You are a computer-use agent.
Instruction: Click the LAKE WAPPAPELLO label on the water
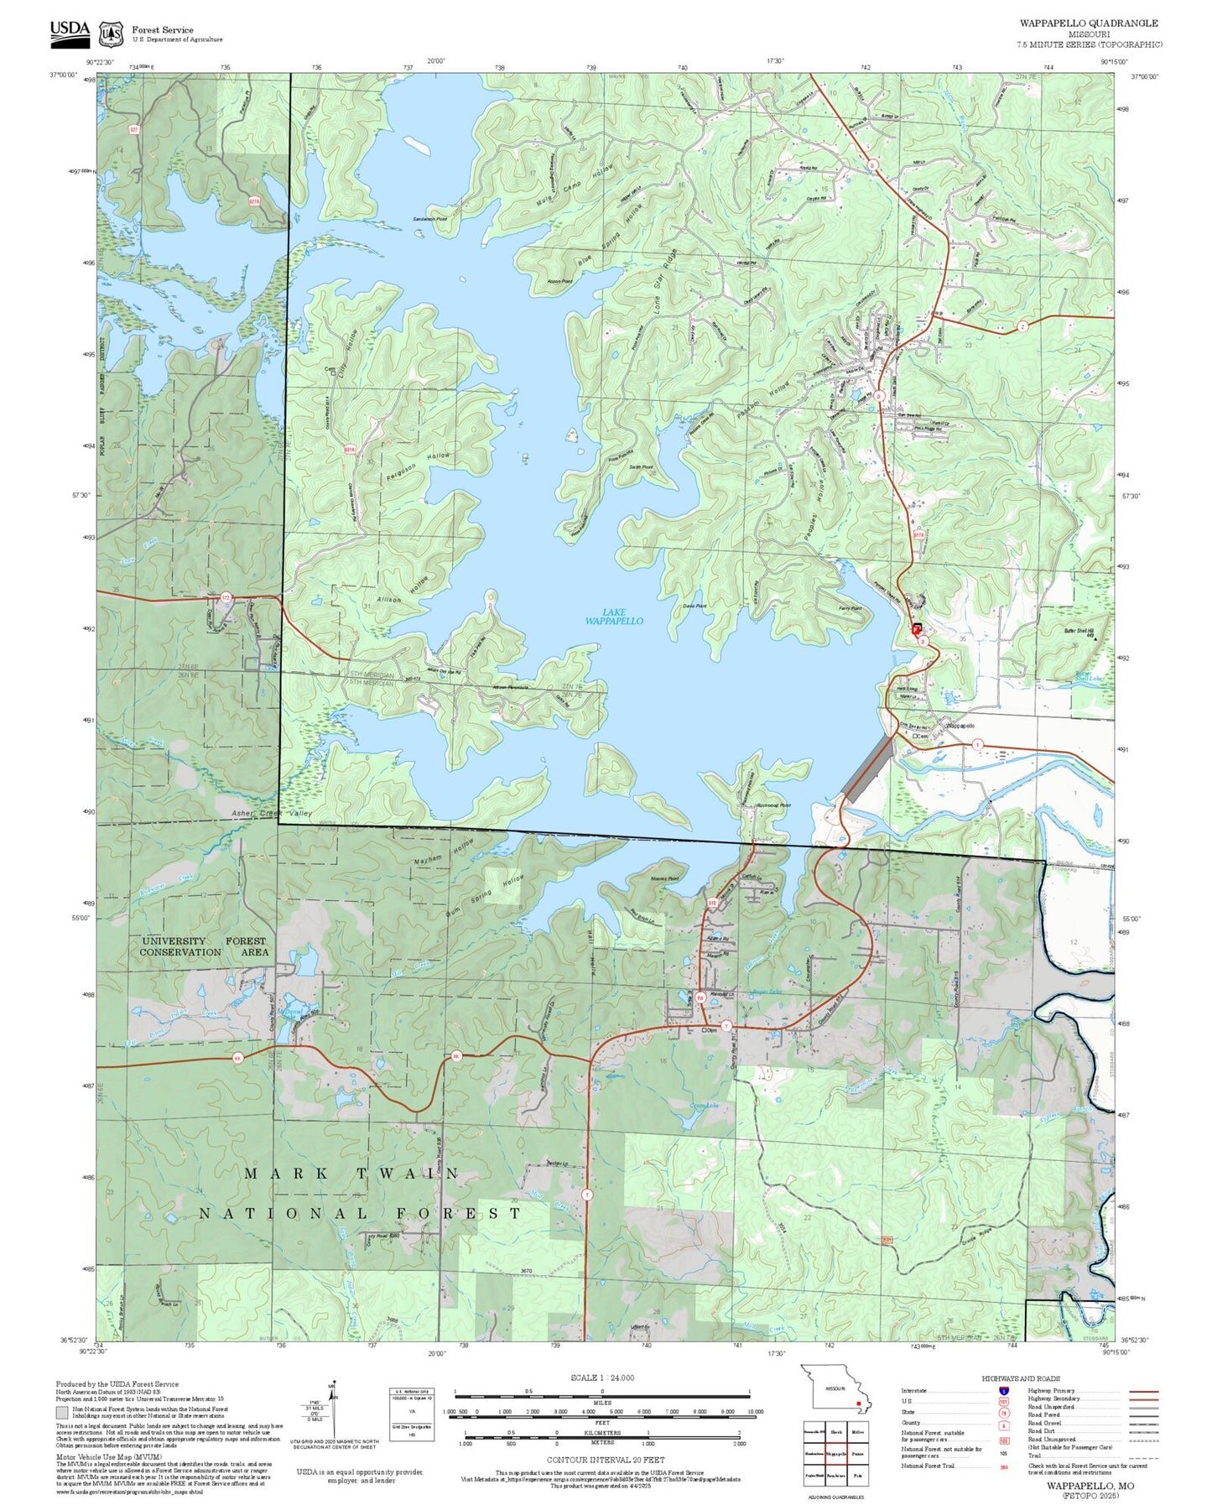[x=614, y=617]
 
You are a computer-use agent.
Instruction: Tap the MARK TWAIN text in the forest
[x=351, y=1174]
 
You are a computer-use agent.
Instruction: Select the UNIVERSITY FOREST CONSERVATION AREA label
[x=204, y=946]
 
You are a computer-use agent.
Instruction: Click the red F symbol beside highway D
[x=917, y=628]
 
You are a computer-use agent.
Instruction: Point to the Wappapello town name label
[x=960, y=726]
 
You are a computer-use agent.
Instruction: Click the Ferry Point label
[x=850, y=608]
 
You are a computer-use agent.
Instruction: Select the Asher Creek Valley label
[x=272, y=813]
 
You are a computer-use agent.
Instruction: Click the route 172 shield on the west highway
[x=225, y=597]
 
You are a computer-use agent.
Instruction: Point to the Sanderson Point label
[x=429, y=219]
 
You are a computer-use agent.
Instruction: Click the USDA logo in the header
[x=70, y=29]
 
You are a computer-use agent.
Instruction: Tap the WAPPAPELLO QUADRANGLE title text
[x=1088, y=23]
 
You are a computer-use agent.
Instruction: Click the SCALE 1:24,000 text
[x=601, y=1377]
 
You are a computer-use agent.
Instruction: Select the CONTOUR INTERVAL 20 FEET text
[x=605, y=1461]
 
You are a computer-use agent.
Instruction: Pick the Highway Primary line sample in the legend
[x=1143, y=1390]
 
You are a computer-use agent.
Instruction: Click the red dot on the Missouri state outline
[x=859, y=1402]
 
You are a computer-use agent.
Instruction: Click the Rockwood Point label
[x=772, y=805]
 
